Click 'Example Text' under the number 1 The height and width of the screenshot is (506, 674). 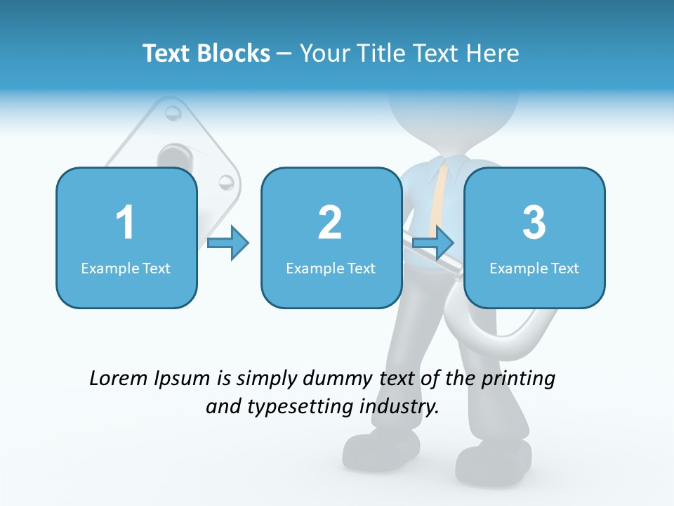[x=126, y=268]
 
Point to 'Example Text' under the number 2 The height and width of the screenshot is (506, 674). [x=331, y=268]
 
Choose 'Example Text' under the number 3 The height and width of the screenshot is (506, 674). [x=534, y=268]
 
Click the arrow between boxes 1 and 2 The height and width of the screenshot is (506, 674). [x=229, y=243]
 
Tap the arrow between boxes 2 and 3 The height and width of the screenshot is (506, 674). [x=433, y=243]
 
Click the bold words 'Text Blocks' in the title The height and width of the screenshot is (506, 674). [x=206, y=53]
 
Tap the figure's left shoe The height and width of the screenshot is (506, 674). [x=379, y=450]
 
